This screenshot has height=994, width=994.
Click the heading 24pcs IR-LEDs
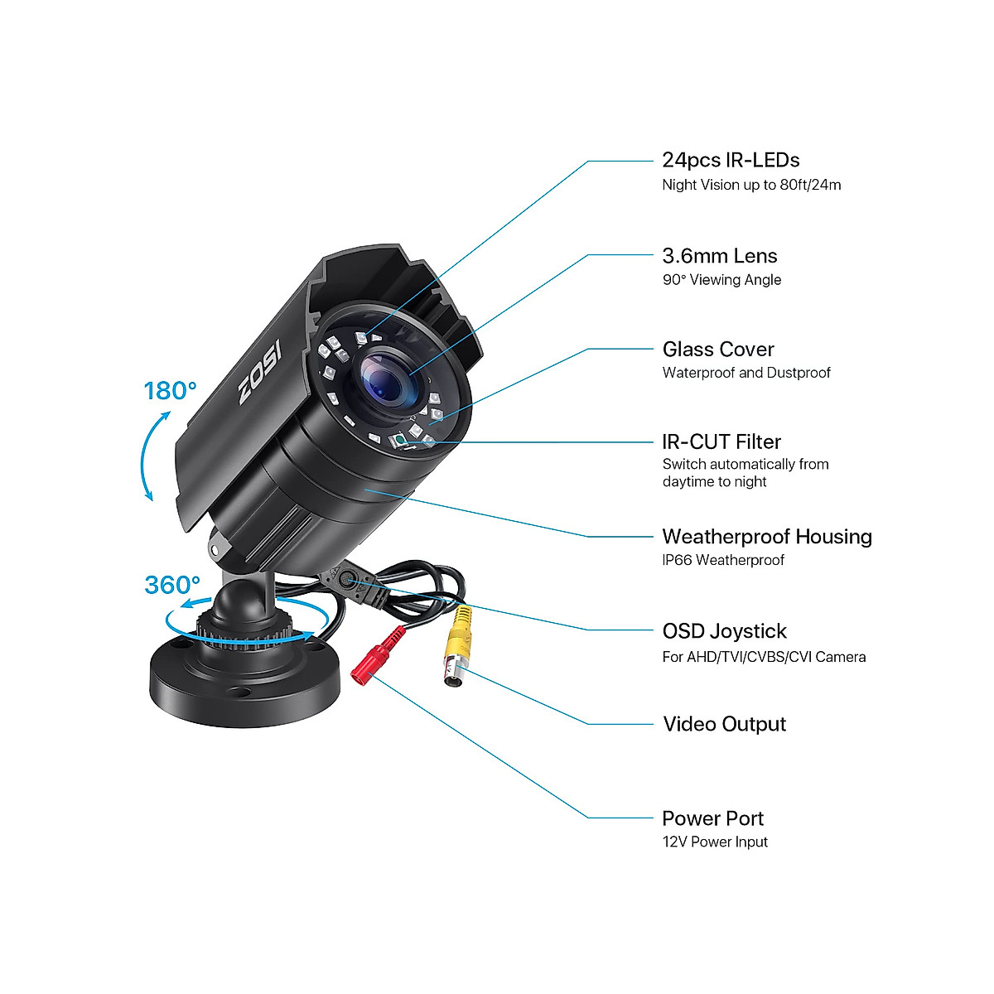pos(731,160)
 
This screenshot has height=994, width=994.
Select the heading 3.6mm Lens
pos(720,256)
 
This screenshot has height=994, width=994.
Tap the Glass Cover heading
pos(718,349)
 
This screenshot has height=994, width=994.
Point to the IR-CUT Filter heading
pos(721,442)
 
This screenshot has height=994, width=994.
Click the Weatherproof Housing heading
pos(767,537)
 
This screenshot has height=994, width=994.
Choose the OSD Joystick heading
pos(724,631)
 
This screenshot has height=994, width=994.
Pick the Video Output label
pos(724,724)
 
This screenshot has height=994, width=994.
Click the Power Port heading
pos(712,818)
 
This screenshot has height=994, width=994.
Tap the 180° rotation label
pos(170,390)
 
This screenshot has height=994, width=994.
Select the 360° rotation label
pos(172,585)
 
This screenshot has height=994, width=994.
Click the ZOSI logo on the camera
pos(260,372)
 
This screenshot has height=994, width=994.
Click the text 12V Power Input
pos(715,842)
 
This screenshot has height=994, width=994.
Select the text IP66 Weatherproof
pos(723,560)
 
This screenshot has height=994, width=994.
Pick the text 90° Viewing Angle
pos(721,280)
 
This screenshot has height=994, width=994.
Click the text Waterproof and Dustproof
pos(746,373)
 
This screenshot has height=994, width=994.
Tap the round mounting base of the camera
pos(244,679)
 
